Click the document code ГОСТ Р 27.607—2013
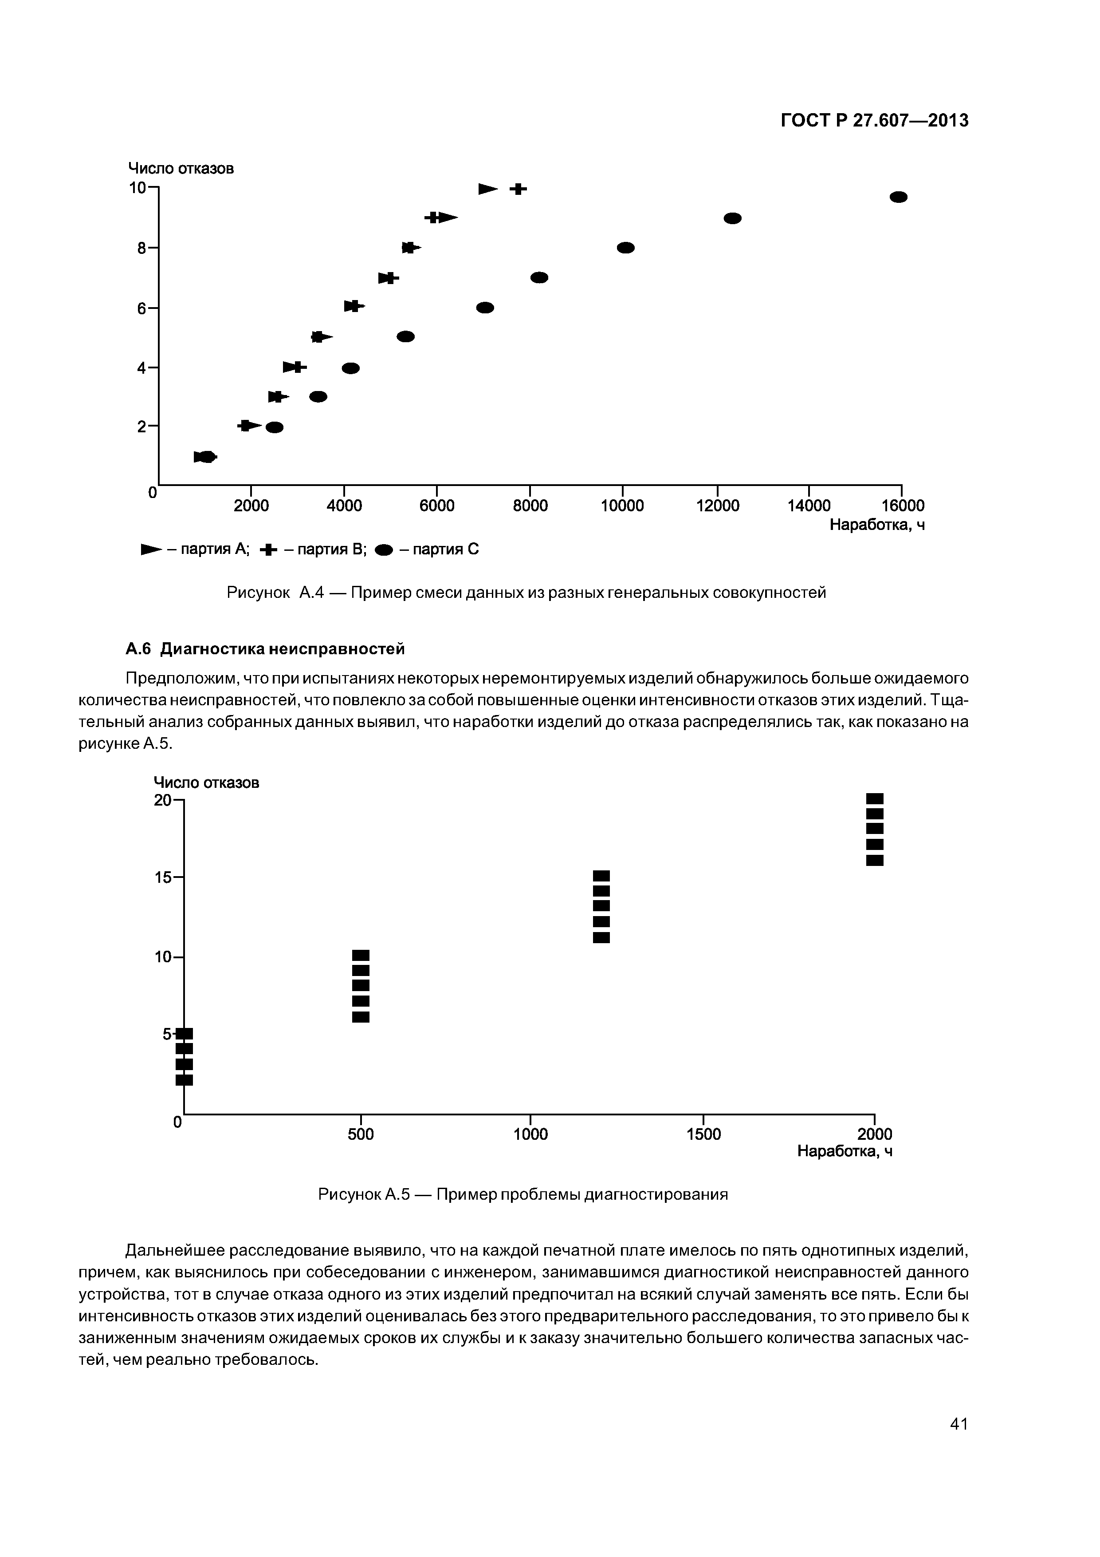pos(874,121)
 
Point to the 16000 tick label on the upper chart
pos(902,506)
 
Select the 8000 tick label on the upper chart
pos(530,506)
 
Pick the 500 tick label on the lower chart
pos(361,1134)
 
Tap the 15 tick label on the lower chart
pos(163,877)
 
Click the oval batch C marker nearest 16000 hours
pos(898,197)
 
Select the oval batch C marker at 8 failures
pos(625,248)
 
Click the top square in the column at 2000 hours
pos(875,798)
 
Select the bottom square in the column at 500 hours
pos(361,1016)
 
